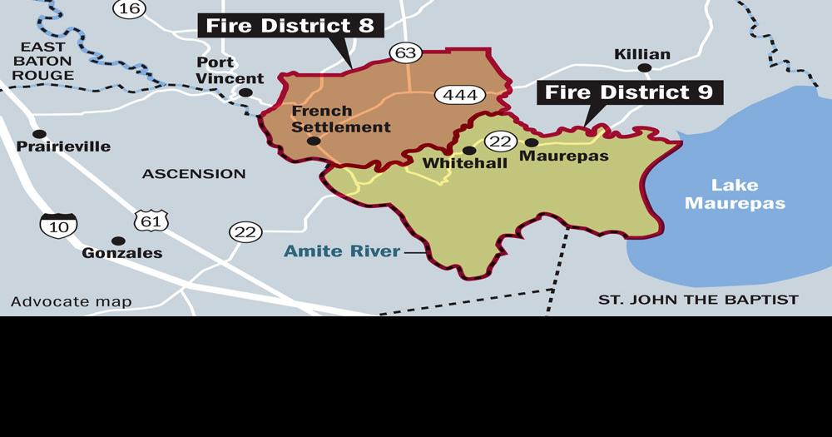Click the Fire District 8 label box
pyautogui.click(x=290, y=26)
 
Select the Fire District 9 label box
pyautogui.click(x=629, y=92)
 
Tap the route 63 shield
pyautogui.click(x=405, y=53)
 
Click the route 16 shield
pyautogui.click(x=131, y=8)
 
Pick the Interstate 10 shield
pyautogui.click(x=58, y=224)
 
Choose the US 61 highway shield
pyautogui.click(x=150, y=220)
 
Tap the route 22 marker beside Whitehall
pyautogui.click(x=500, y=142)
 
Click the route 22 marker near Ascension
pyautogui.click(x=245, y=232)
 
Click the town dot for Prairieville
pyautogui.click(x=38, y=134)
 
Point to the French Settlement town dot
pyautogui.click(x=313, y=141)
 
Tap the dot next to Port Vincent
pyautogui.click(x=245, y=92)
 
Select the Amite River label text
pyautogui.click(x=342, y=251)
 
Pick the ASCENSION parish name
pyautogui.click(x=194, y=174)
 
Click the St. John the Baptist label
pyautogui.click(x=698, y=300)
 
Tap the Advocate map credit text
pyautogui.click(x=71, y=301)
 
